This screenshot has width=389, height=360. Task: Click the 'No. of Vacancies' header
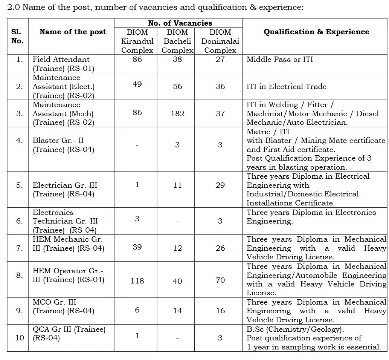[180, 23]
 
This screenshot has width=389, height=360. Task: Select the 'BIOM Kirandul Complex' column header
[137, 41]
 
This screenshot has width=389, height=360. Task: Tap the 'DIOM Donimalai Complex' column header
[220, 41]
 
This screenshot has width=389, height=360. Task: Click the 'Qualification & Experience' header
[316, 32]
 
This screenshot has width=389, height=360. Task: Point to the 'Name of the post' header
[73, 32]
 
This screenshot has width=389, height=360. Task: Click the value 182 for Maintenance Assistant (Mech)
[177, 113]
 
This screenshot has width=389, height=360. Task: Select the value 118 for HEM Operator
[137, 281]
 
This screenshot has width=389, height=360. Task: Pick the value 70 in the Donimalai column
[220, 280]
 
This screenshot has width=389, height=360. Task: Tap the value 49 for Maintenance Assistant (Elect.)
[137, 84]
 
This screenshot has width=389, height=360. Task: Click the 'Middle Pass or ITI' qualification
[280, 59]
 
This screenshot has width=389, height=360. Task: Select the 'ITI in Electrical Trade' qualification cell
[287, 86]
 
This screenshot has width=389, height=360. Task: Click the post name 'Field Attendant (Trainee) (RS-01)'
[63, 64]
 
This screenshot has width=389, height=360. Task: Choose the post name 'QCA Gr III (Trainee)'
[69, 329]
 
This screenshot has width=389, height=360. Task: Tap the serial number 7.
[20, 248]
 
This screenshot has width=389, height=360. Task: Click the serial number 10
[20, 338]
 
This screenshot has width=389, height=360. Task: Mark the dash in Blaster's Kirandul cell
[137, 146]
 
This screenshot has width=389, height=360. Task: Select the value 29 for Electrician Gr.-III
[220, 185]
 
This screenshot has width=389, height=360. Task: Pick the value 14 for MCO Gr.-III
[177, 311]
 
